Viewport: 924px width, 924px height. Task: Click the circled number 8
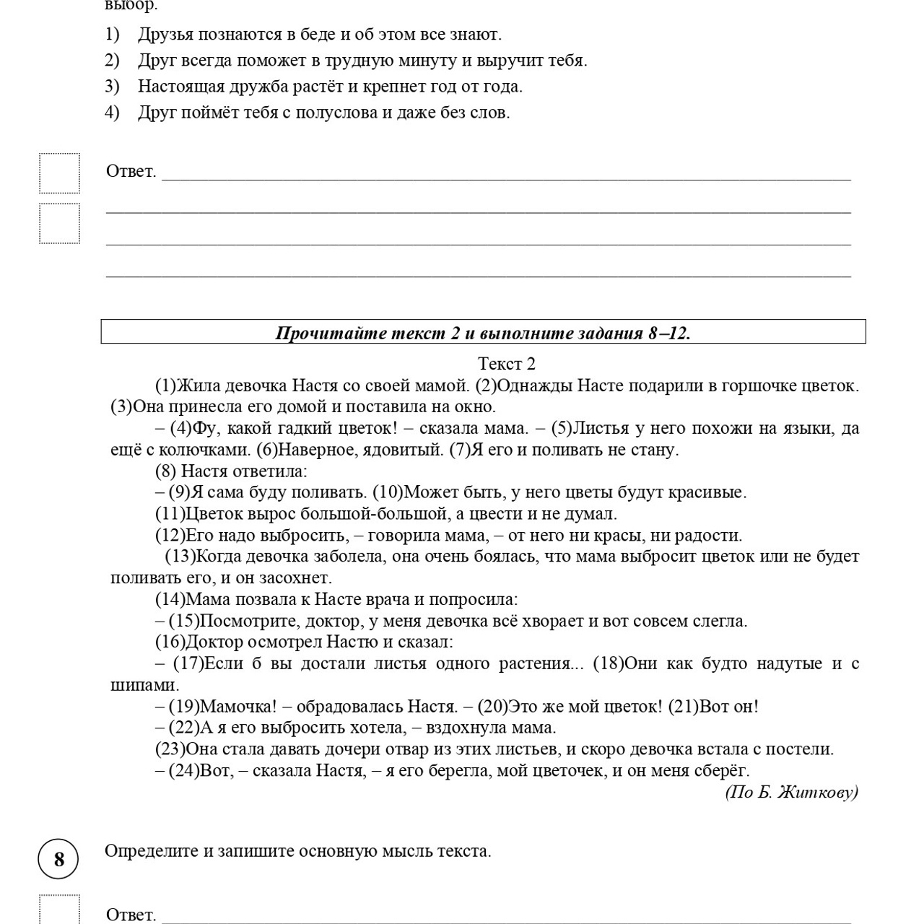click(x=58, y=859)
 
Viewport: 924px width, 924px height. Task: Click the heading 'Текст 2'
click(x=506, y=364)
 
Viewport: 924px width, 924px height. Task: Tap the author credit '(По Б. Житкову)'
click(x=791, y=793)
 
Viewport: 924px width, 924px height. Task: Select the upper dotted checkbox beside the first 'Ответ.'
click(x=59, y=173)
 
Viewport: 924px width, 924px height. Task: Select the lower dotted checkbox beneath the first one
click(x=59, y=224)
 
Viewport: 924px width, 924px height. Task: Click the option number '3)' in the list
click(x=112, y=87)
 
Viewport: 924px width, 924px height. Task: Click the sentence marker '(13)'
click(x=180, y=557)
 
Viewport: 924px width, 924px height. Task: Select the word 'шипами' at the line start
click(x=143, y=685)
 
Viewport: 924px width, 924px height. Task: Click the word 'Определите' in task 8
click(x=150, y=851)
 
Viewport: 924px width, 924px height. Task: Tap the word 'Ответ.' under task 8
click(x=131, y=915)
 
